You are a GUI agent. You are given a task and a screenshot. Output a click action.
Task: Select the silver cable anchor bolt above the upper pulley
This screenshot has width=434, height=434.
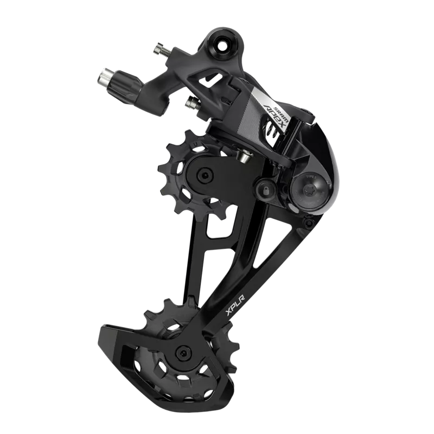(244, 157)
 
